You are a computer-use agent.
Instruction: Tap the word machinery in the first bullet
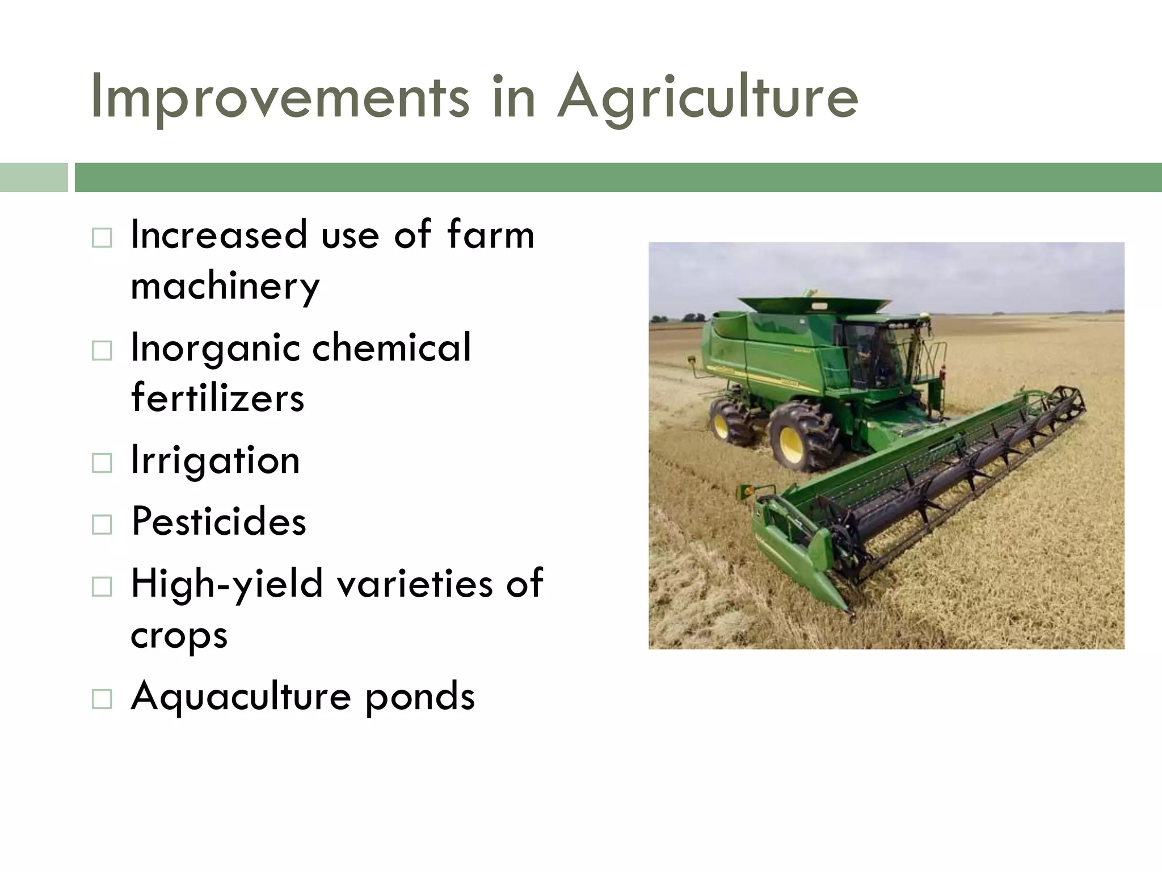point(225,286)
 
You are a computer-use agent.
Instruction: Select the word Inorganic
point(214,348)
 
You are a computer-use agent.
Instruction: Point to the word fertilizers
point(217,397)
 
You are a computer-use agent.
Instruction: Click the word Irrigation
point(215,460)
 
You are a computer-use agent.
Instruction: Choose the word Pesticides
point(218,521)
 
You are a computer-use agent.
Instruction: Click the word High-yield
point(226,584)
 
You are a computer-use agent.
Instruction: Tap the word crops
point(179,635)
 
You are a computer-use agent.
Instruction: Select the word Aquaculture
point(241,696)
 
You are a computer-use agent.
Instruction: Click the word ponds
point(419,696)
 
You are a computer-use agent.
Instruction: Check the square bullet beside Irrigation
point(102,463)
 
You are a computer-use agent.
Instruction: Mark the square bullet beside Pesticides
point(102,525)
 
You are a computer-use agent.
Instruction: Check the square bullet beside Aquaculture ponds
point(102,699)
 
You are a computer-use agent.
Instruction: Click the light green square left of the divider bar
point(33,177)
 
